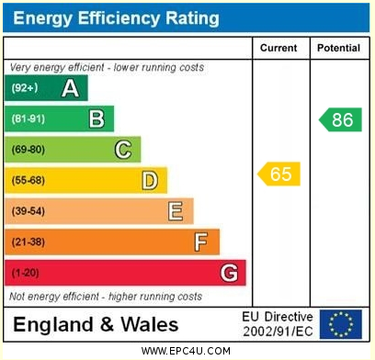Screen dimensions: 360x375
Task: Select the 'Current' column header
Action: click(x=278, y=48)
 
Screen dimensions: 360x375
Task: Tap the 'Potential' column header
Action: click(x=338, y=48)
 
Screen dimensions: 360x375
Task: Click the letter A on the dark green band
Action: click(x=69, y=88)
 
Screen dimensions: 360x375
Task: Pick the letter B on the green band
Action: click(x=96, y=118)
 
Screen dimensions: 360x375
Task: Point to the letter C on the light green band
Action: click(x=122, y=150)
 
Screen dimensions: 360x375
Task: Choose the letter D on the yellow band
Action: click(x=149, y=181)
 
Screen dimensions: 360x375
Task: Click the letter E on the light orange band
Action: click(x=175, y=211)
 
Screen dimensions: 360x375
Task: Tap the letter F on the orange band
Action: click(x=201, y=242)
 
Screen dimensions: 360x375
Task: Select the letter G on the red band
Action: click(x=229, y=273)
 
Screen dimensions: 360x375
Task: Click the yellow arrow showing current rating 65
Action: click(x=279, y=174)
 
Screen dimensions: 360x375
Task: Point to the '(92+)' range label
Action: click(x=25, y=88)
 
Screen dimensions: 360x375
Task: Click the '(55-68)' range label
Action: click(x=28, y=181)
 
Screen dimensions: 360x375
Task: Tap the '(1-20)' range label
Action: click(x=26, y=273)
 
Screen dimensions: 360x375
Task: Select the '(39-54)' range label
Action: click(x=28, y=211)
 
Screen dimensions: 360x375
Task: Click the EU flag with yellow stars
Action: click(x=340, y=324)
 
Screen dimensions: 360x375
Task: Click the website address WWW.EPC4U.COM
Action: click(x=187, y=351)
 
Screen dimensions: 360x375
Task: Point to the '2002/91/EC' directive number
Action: click(x=277, y=332)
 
